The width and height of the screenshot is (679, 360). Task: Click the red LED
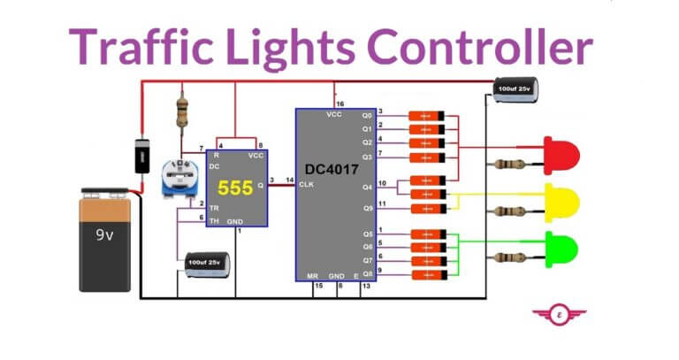tap(561, 155)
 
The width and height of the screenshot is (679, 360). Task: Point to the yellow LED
tap(561, 203)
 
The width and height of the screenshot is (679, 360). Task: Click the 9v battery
tap(106, 241)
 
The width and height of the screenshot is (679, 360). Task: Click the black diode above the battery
tap(140, 157)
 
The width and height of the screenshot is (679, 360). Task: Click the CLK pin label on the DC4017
tap(307, 184)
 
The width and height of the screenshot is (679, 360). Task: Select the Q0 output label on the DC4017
tap(366, 115)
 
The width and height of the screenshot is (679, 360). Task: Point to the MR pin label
tap(312, 276)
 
